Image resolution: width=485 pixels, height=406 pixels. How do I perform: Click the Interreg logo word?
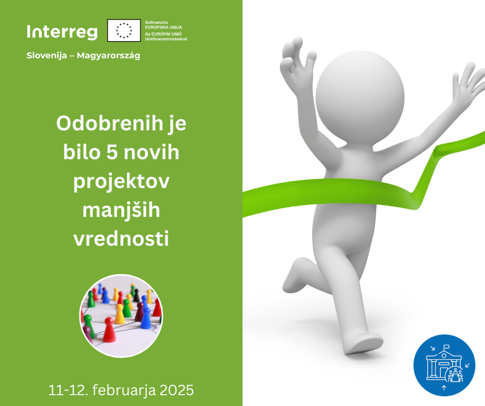point(62,32)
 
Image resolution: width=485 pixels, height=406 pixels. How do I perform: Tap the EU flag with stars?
point(124,30)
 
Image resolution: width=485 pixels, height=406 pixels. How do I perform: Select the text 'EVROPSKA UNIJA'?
point(164,27)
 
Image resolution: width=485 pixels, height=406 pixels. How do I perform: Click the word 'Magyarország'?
point(108,56)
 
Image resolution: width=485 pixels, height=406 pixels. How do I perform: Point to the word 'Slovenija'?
point(47,56)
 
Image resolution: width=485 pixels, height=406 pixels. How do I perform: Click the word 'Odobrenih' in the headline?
point(110,123)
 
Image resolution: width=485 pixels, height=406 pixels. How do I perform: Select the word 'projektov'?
point(121,182)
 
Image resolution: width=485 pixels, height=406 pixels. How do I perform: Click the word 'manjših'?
point(121,210)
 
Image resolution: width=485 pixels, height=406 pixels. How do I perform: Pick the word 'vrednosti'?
point(121,239)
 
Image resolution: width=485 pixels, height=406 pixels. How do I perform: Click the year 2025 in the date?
point(176,390)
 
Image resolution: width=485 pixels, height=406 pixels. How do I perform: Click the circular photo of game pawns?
point(121,316)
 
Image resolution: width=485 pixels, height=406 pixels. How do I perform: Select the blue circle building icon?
point(444,365)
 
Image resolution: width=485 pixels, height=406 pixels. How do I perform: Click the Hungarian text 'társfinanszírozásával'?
point(166,39)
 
